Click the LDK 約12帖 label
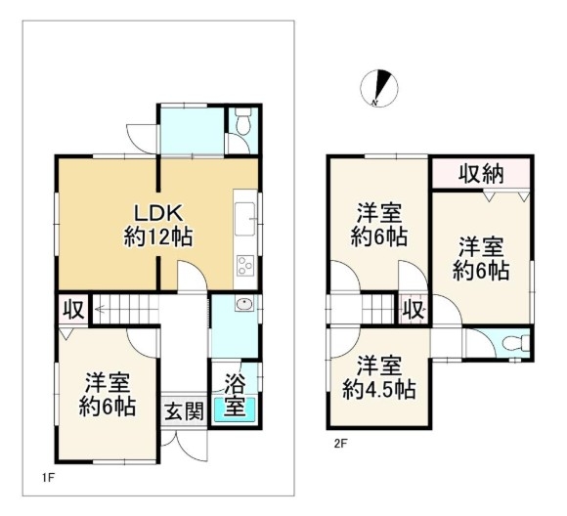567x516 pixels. pos(158,225)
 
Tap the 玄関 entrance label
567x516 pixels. pos(185,411)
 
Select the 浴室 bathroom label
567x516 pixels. pos(235,394)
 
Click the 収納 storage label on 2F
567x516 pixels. pos(481,174)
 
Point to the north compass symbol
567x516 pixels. pos(379,88)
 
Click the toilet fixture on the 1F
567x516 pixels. pos(242,121)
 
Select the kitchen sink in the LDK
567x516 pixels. pos(245,219)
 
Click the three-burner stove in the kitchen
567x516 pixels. pos(244,266)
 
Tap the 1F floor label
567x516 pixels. pos(48,478)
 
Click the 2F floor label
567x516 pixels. pos(340,444)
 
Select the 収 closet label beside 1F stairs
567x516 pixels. pos(73,310)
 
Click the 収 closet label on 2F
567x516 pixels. pos(414,310)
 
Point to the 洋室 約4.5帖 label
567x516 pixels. pos(379,377)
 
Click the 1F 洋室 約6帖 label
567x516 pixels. pos(108,395)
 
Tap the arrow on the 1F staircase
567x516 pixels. pos(126,309)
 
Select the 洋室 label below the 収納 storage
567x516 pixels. pos(481,247)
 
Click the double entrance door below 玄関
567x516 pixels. pos(185,446)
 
